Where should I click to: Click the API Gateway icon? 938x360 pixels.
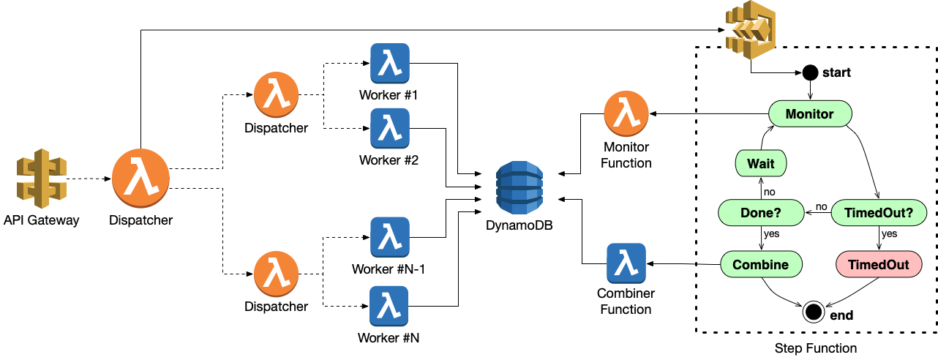pyautogui.click(x=41, y=180)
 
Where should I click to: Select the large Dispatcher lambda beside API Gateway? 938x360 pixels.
pyautogui.click(x=140, y=180)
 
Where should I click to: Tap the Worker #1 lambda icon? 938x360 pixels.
pyautogui.click(x=390, y=64)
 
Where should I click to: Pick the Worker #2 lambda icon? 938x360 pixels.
pyautogui.click(x=390, y=128)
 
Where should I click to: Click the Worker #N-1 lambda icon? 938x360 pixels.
pyautogui.click(x=390, y=236)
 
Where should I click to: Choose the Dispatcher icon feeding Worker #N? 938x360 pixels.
pyautogui.click(x=276, y=272)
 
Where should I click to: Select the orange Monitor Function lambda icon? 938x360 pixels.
pyautogui.click(x=627, y=114)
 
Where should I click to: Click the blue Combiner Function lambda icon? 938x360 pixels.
pyautogui.click(x=626, y=263)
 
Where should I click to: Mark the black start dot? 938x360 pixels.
pyautogui.click(x=810, y=72)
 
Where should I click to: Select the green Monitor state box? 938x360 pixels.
pyautogui.click(x=810, y=114)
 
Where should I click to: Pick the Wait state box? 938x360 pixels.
pyautogui.click(x=761, y=163)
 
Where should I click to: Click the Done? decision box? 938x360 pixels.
pyautogui.click(x=761, y=213)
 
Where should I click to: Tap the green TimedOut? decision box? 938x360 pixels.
pyautogui.click(x=879, y=213)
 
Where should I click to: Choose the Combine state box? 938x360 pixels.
pyautogui.click(x=761, y=264)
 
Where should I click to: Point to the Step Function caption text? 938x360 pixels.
pyautogui.click(x=815, y=348)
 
